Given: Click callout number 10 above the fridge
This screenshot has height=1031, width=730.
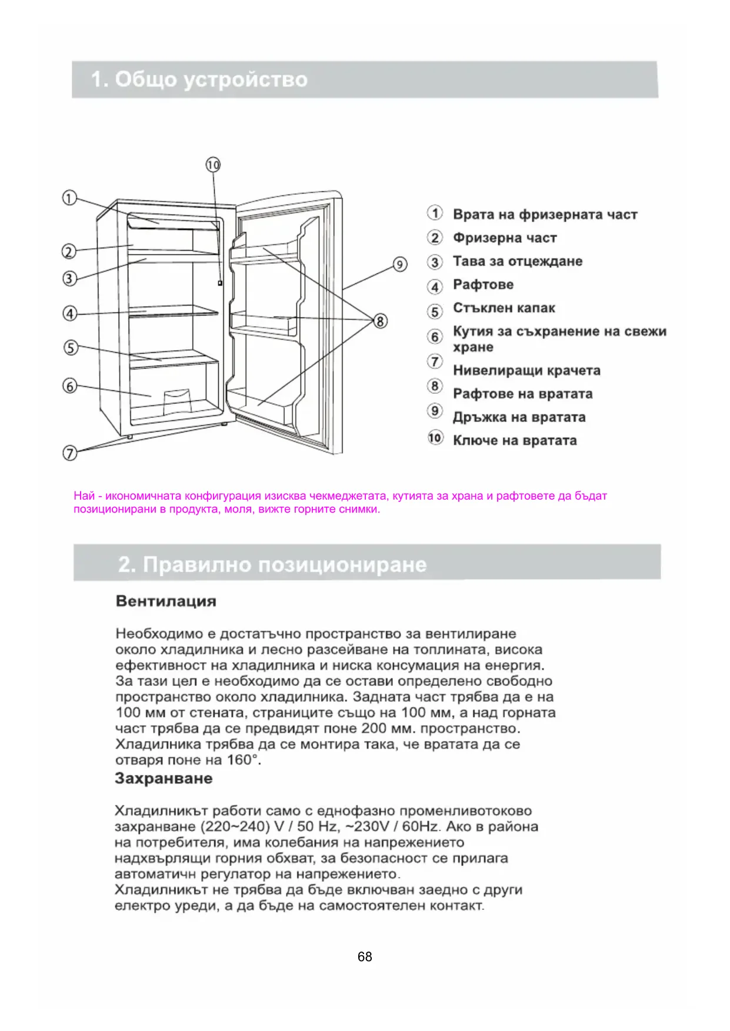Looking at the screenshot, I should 213,165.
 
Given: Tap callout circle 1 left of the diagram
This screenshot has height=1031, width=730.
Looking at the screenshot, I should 69,198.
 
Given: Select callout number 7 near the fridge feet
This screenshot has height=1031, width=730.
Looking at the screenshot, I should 70,453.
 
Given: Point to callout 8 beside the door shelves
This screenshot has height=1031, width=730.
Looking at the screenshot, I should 381,321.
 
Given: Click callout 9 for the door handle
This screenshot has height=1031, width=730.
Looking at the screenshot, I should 400,265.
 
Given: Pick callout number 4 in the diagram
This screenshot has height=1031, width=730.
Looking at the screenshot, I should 70,313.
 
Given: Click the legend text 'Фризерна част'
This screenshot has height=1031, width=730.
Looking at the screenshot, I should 504,238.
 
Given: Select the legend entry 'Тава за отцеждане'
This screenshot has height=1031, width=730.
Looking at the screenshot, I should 517,262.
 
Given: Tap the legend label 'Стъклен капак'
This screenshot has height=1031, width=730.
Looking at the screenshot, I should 504,308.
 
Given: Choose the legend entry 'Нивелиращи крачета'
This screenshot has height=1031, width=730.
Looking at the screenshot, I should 526,371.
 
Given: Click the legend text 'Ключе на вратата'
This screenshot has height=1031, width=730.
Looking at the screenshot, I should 514,441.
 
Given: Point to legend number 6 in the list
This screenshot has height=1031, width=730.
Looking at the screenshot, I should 435,336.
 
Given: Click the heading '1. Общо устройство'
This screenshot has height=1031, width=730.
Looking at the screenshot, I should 199,79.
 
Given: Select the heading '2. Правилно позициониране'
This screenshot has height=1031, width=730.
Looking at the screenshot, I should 272,564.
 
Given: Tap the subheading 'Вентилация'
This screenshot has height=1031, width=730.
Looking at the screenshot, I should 166,601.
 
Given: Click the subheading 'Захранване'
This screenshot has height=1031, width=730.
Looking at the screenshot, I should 164,779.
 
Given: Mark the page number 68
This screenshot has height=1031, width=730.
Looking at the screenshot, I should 365,956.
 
